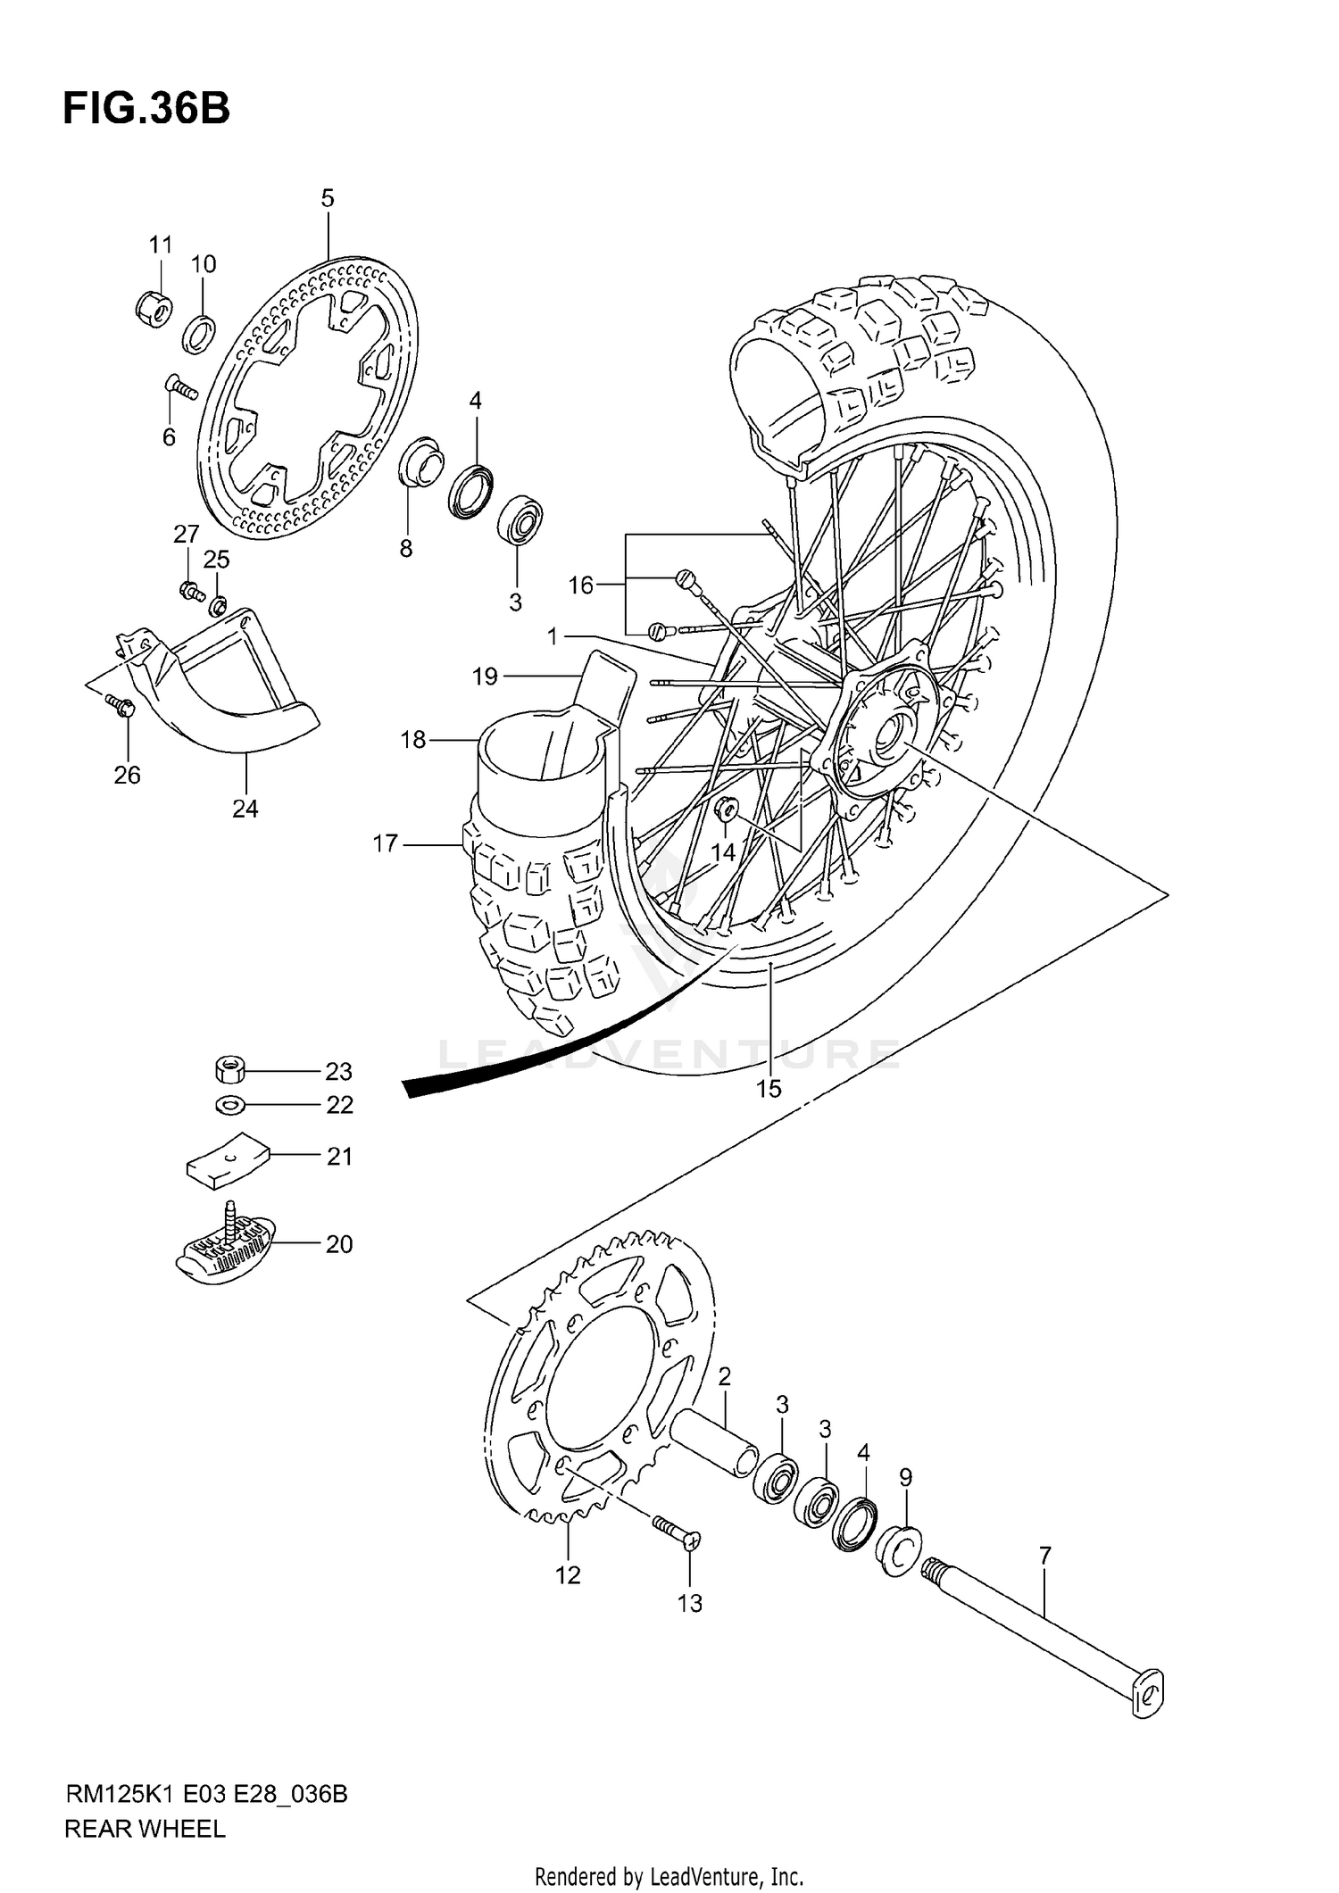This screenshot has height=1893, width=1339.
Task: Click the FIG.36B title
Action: (146, 109)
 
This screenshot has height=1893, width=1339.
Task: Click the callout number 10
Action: (204, 264)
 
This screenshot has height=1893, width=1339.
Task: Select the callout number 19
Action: (485, 677)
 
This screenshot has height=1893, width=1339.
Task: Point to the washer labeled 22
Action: (230, 1105)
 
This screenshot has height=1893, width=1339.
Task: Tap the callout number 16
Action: (581, 585)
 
